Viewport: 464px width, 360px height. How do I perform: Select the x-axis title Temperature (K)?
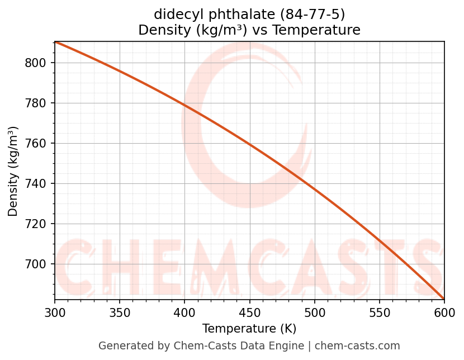(x=249, y=329)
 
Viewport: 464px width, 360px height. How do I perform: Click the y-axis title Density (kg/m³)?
(x=13, y=171)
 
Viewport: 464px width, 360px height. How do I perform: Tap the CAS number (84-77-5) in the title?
(x=314, y=14)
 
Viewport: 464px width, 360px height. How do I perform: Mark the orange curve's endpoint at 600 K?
(x=444, y=299)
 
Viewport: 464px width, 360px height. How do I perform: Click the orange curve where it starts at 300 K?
(x=55, y=42)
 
